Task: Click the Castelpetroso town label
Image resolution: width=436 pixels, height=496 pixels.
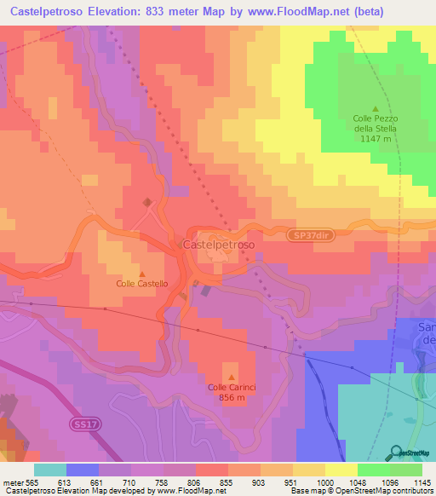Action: tap(218, 245)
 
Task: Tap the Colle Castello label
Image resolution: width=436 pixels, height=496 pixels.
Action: tap(142, 283)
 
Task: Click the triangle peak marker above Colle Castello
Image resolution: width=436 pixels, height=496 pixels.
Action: tap(142, 273)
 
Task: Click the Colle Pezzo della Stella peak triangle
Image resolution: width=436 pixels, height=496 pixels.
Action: tap(376, 108)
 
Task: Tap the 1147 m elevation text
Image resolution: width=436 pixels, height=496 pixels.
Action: tap(376, 138)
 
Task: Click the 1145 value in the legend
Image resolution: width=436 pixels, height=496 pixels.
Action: tap(422, 483)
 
